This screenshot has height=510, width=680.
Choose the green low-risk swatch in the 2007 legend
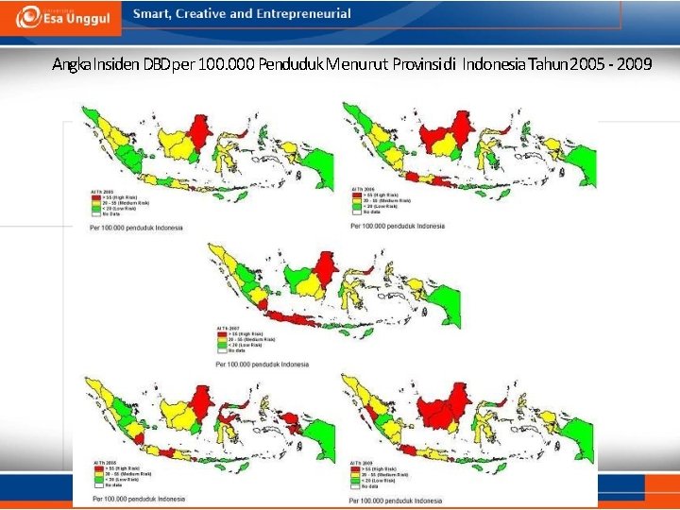tap(222, 345)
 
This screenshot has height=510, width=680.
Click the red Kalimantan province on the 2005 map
tap(199, 133)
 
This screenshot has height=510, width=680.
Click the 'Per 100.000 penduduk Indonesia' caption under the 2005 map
tap(136, 228)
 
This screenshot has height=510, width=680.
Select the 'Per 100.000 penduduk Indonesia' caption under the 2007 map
tap(263, 364)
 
